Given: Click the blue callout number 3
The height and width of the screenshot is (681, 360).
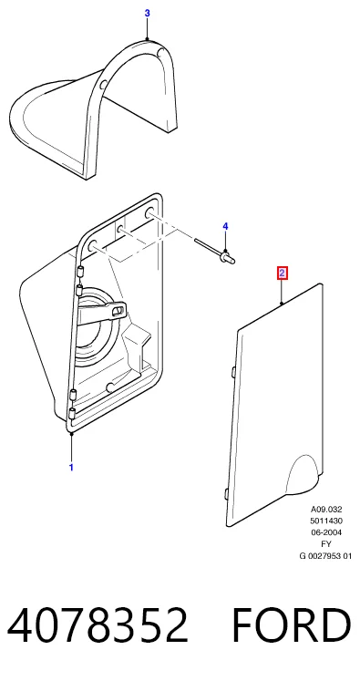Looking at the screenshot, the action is click(148, 14).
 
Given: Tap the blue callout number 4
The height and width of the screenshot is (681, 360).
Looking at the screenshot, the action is click(225, 226).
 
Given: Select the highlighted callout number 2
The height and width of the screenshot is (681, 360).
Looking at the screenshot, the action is click(283, 273).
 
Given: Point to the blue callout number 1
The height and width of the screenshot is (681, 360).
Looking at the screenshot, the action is click(71, 468).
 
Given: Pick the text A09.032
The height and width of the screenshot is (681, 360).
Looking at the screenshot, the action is click(326, 510).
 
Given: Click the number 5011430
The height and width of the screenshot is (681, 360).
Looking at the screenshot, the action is click(326, 521).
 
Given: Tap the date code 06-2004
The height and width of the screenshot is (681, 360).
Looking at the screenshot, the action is click(326, 532).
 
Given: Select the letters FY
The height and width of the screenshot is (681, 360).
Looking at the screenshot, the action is click(326, 543).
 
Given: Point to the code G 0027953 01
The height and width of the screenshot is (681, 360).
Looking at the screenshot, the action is click(325, 555).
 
